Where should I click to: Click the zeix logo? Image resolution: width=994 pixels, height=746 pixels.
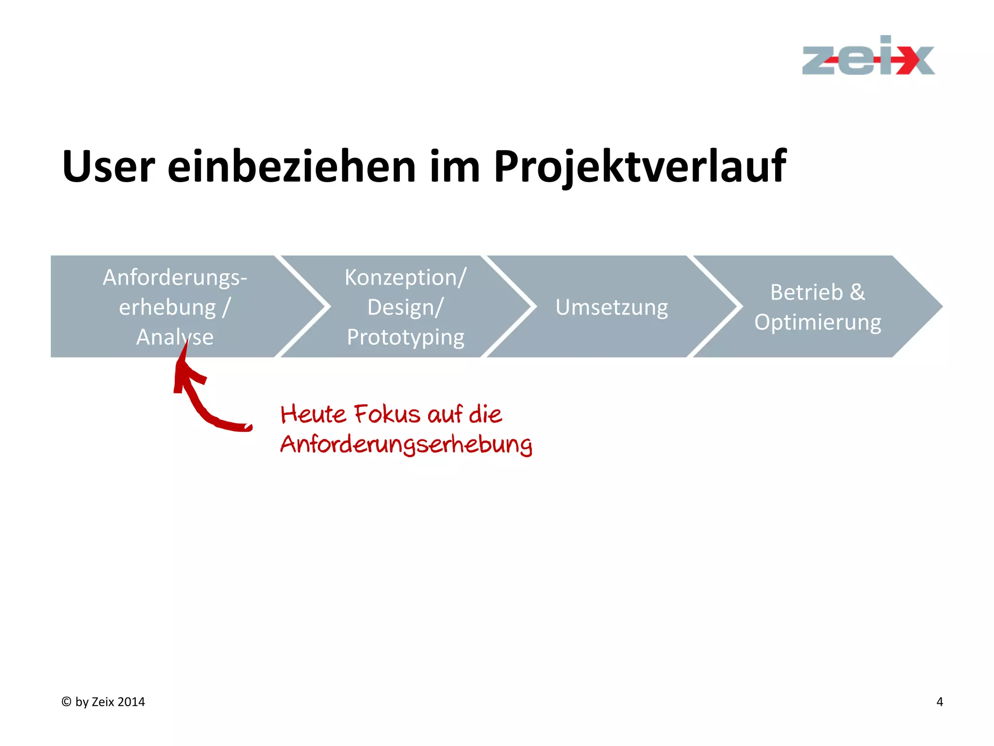[868, 57]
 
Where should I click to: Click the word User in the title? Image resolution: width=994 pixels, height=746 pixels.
[108, 167]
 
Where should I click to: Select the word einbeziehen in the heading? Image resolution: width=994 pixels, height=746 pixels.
[291, 167]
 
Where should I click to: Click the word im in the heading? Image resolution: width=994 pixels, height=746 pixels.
[455, 167]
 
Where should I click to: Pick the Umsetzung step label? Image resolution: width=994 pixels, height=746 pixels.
[612, 307]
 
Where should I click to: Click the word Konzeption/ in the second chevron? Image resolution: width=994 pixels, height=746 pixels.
[405, 278]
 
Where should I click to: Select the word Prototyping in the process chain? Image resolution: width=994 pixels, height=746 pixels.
[405, 338]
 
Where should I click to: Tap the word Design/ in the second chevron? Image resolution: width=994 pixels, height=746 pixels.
[405, 307]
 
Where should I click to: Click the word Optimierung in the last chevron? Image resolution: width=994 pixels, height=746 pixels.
[817, 322]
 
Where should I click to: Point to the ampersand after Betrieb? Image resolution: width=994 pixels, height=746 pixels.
[857, 292]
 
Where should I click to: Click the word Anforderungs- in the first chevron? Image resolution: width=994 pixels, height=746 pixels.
[175, 278]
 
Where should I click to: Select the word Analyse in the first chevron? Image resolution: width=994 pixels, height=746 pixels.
[175, 337]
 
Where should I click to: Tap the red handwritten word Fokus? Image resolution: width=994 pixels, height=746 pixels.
[387, 415]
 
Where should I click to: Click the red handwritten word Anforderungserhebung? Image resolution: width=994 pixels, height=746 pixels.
[406, 444]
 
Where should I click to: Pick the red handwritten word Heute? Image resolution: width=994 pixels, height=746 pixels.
[313, 415]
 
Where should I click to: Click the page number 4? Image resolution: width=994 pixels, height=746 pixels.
[939, 702]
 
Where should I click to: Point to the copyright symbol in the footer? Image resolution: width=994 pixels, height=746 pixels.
[66, 702]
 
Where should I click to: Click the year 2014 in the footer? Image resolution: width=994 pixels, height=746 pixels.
[131, 702]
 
